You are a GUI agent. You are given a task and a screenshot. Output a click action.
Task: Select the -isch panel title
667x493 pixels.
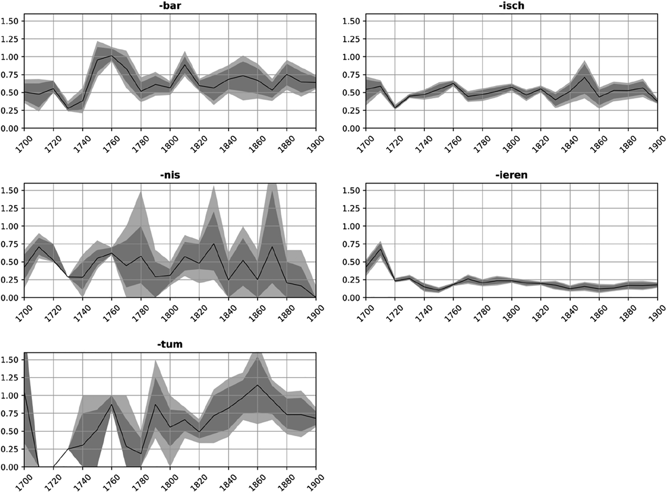point(512,6)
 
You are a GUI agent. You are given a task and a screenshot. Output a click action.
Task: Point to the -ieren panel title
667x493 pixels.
point(512,175)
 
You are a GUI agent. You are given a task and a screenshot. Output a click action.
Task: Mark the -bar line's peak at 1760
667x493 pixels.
point(112,56)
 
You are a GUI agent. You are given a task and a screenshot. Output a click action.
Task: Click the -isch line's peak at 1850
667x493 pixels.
point(584,77)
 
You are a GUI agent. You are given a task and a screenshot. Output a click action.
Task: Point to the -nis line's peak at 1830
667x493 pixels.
point(214,244)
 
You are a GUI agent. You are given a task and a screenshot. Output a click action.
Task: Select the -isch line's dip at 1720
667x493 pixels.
point(395,108)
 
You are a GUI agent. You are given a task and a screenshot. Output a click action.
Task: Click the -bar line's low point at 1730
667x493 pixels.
point(68,108)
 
